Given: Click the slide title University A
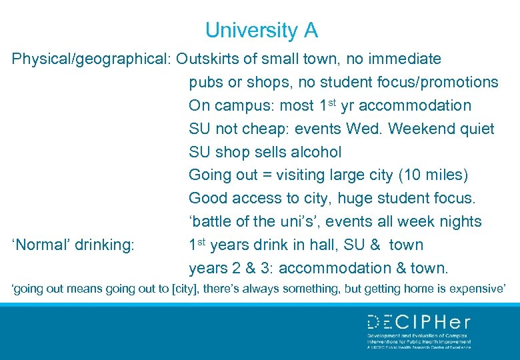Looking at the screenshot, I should [261, 30].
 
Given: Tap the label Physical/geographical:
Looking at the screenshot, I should [92, 59].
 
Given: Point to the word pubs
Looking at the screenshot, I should [206, 83].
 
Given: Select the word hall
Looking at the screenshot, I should [327, 245].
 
